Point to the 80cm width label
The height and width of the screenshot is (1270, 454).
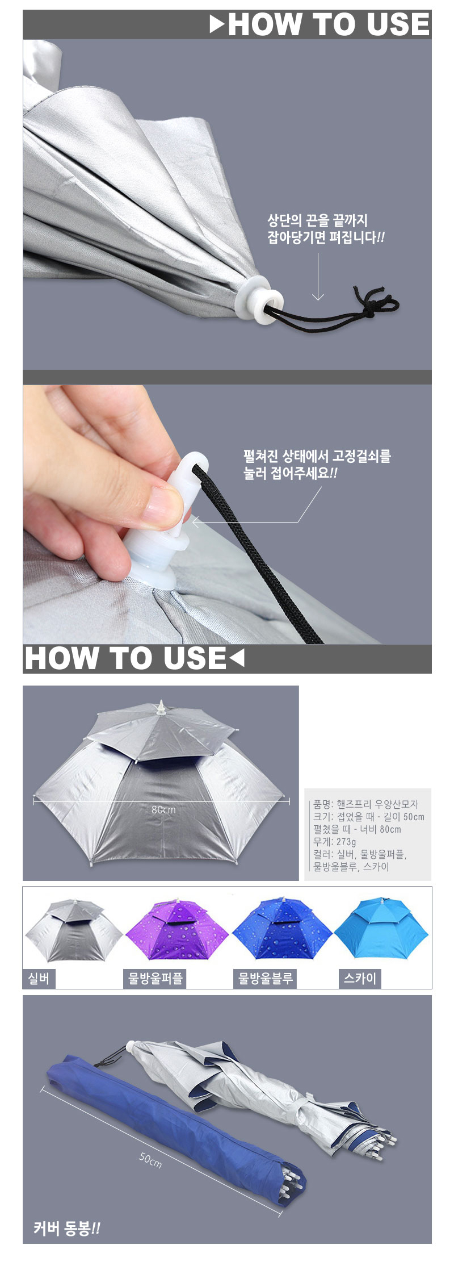point(163,809)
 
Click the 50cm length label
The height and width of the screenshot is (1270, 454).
point(150,1159)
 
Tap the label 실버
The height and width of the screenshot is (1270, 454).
point(39,979)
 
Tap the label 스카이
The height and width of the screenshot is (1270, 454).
point(360,979)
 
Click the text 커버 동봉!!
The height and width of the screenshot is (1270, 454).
point(66,1229)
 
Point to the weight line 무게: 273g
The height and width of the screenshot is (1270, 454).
point(335,842)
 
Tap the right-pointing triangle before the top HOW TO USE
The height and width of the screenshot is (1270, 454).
point(217,24)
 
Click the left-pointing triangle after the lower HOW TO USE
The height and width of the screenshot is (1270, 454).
point(237,658)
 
